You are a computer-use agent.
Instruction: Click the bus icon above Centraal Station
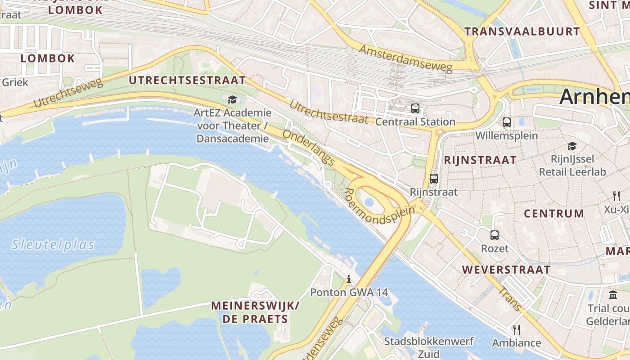tap(415, 108)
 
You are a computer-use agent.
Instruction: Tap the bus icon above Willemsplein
tap(506, 122)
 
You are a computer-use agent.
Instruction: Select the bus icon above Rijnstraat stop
tap(433, 179)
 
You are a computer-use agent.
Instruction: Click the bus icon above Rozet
tap(494, 235)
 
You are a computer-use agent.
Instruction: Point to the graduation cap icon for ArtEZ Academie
tap(232, 99)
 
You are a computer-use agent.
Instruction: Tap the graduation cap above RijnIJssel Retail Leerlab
tap(572, 146)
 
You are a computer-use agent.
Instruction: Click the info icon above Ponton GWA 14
tap(349, 279)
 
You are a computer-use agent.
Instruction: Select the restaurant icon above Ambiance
tap(516, 330)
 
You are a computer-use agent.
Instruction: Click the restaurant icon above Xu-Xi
tap(616, 196)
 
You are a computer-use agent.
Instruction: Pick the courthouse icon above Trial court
tap(613, 295)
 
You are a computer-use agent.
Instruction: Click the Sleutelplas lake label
tap(53, 245)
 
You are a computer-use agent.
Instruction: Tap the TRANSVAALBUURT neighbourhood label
tap(522, 31)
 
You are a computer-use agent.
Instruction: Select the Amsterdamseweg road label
tap(405, 58)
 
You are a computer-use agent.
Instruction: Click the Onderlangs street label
tap(309, 148)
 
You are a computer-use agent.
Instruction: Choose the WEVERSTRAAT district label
tap(506, 270)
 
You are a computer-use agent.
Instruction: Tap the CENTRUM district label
tap(554, 214)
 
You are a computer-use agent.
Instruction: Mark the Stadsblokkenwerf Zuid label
tap(428, 347)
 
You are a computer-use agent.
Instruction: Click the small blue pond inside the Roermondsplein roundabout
tap(369, 202)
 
